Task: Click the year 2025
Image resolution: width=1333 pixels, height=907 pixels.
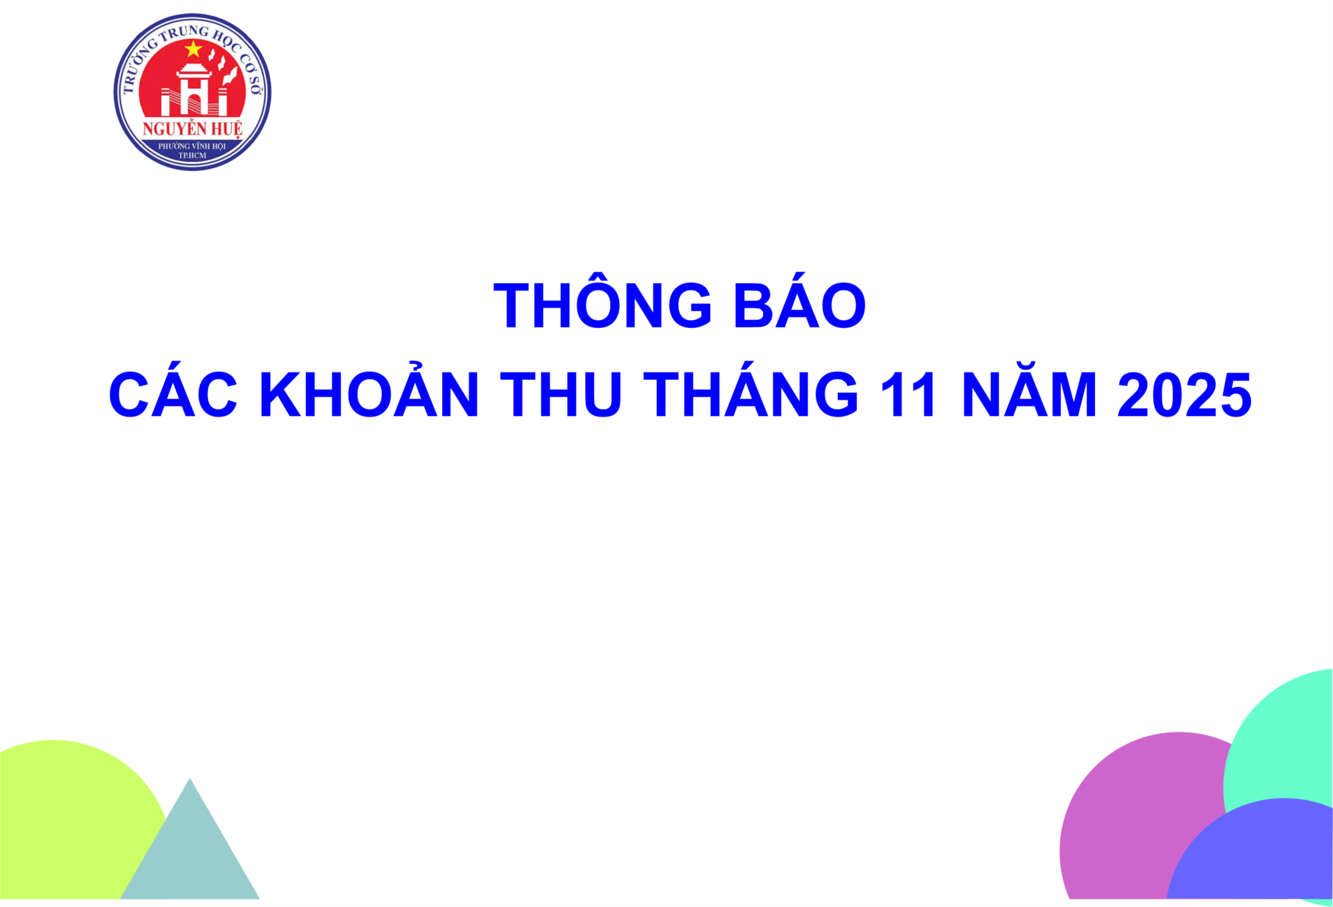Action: pos(1184,394)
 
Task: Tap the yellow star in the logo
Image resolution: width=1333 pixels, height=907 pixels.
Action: pos(193,49)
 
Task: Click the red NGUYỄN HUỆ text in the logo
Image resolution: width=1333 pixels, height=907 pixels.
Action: pos(193,128)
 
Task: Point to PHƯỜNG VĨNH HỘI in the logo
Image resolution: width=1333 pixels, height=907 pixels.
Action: pos(192,146)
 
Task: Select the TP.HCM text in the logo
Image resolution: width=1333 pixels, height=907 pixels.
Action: pos(192,155)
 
